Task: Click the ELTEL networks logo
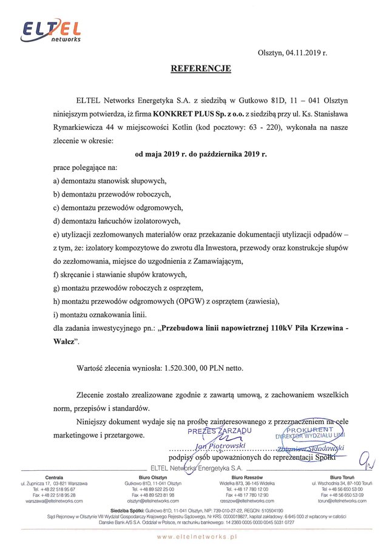pos(51,30)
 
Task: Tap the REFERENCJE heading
pos(200,69)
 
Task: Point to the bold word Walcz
pos(65,342)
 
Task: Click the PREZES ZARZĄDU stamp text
pos(219,431)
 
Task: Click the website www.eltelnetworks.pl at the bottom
pos(195,537)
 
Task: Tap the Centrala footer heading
pos(55,477)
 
